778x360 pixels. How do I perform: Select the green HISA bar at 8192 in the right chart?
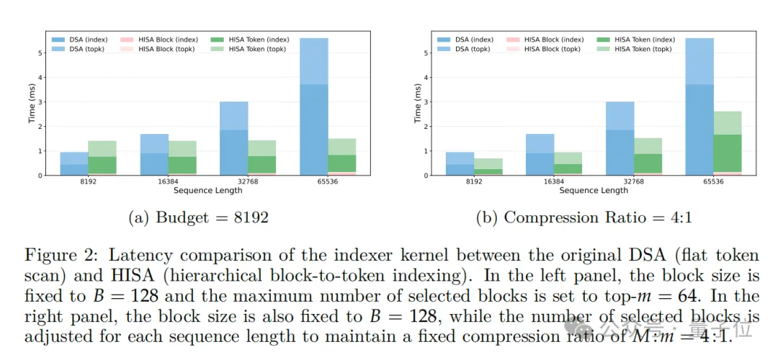click(x=488, y=167)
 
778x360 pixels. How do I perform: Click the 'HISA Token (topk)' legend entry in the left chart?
click(x=256, y=49)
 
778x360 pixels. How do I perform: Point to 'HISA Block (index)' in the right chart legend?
click(x=553, y=40)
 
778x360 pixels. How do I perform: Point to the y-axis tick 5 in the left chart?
click(x=41, y=53)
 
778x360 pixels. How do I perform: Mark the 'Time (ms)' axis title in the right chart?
click(x=417, y=103)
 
